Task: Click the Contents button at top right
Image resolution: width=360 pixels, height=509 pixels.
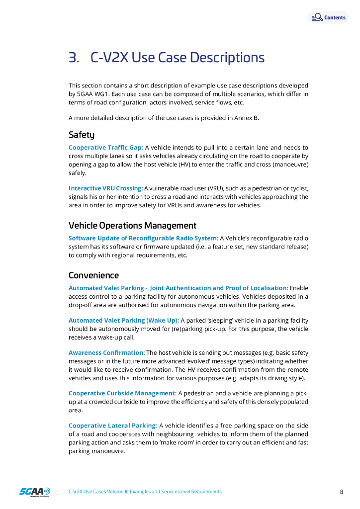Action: pyautogui.click(x=329, y=17)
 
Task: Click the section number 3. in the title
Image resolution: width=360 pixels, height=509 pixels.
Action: pyautogui.click(x=74, y=58)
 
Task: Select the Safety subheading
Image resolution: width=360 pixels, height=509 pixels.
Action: pyautogui.click(x=81, y=135)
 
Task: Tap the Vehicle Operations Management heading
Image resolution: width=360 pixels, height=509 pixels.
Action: pyautogui.click(x=132, y=225)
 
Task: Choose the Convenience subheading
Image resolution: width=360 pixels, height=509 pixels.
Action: pyautogui.click(x=93, y=275)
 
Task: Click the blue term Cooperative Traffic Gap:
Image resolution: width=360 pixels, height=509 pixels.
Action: pyautogui.click(x=105, y=148)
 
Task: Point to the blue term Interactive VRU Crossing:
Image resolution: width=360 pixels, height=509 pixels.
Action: pyautogui.click(x=105, y=188)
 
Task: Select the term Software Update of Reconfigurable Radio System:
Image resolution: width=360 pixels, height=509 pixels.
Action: pyautogui.click(x=143, y=238)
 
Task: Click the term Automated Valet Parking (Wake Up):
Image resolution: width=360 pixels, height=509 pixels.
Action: pyautogui.click(x=123, y=321)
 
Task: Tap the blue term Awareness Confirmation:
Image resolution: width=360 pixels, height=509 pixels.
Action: pyautogui.click(x=106, y=353)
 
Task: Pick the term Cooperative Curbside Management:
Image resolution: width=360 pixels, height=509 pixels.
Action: pyautogui.click(x=122, y=393)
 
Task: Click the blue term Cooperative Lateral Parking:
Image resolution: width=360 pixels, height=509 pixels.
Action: pyautogui.click(x=112, y=425)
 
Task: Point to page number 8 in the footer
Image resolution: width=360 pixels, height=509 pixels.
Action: pyautogui.click(x=342, y=492)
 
